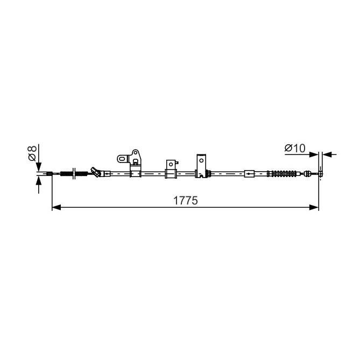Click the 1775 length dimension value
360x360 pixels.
pyautogui.click(x=185, y=200)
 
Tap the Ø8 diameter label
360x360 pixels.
pyautogui.click(x=32, y=153)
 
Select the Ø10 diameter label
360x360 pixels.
pyautogui.click(x=295, y=148)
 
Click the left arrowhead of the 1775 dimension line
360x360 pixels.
pyautogui.click(x=57, y=208)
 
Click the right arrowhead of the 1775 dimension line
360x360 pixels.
pyautogui.click(x=314, y=208)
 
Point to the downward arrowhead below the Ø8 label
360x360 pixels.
pyautogui.click(x=39, y=167)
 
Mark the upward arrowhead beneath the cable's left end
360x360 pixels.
pyautogui.click(x=39, y=181)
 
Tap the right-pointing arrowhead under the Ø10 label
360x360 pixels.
pyautogui.click(x=314, y=154)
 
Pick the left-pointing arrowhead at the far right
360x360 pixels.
pyautogui.click(x=327, y=154)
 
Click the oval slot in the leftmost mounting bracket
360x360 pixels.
pyautogui.click(x=123, y=159)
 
